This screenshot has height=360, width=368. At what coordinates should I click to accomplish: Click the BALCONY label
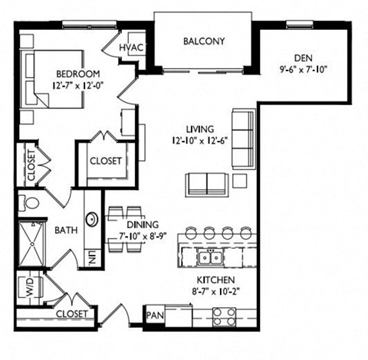point(204,41)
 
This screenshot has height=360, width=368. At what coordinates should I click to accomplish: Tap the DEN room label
point(304,58)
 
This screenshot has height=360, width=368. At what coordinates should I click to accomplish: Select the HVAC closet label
point(131,47)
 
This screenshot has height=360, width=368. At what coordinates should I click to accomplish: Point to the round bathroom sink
point(91,219)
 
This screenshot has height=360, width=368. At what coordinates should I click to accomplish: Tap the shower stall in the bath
point(32,244)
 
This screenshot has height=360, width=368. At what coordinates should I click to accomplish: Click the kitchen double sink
point(210,257)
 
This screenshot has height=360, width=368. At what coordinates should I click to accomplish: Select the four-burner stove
point(224,317)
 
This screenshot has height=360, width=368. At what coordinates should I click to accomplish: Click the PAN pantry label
point(155,315)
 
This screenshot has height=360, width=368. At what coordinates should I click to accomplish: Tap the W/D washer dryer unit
point(30,287)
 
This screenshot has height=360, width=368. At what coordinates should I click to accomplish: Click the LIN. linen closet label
point(93,257)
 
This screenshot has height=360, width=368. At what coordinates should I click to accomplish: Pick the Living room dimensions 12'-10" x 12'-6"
point(199,141)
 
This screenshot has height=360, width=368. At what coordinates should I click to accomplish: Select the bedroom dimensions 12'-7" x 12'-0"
point(77,86)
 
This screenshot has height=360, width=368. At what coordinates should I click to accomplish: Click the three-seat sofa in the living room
point(244,139)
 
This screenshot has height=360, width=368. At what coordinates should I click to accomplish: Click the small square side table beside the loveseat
point(240,181)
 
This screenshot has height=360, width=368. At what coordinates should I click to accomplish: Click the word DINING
point(143,224)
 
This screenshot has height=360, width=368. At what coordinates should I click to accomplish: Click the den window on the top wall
point(297,25)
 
